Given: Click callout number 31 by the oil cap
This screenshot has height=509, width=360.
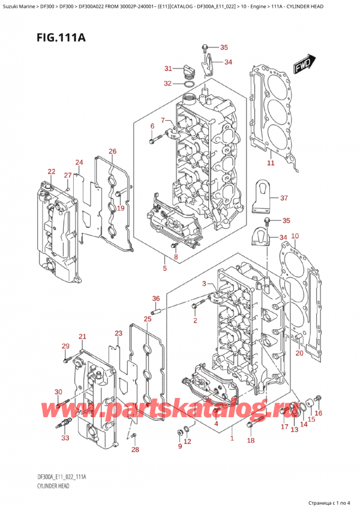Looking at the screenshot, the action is (168, 68).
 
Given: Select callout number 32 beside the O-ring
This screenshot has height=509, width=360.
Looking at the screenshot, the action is (167, 83).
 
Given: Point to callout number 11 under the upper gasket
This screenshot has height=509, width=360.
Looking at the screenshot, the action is (271, 163).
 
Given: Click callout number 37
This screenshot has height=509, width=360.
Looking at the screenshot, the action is (284, 197).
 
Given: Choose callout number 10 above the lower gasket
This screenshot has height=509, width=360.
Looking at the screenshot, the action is (295, 236).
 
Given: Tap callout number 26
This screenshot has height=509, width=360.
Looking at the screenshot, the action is (112, 151).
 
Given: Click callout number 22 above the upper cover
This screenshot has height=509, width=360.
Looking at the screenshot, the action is (51, 172).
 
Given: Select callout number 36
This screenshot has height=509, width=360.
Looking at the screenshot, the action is (156, 298).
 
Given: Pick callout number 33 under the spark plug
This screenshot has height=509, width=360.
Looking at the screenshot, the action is (65, 438).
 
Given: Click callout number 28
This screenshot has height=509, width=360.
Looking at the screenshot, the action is (135, 449).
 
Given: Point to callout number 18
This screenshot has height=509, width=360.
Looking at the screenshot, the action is (251, 441).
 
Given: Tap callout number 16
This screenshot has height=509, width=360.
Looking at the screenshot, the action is (319, 412).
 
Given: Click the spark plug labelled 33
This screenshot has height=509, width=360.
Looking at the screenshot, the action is (64, 424).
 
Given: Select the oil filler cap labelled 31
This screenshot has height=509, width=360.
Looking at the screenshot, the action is (187, 72).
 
